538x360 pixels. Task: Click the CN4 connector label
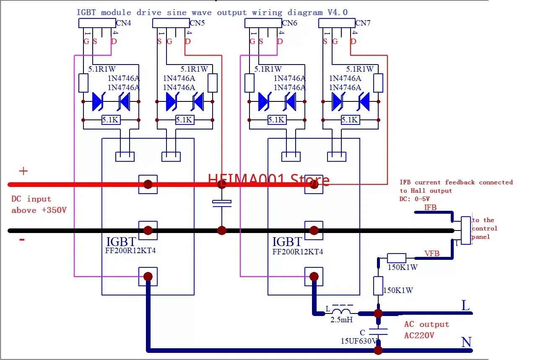coord(123,23)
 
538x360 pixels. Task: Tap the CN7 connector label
coord(363,23)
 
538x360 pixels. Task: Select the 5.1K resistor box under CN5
coord(185,119)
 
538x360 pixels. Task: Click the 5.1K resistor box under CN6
coord(277,119)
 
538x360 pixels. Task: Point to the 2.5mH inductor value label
coord(341,320)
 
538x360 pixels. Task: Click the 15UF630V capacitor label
coord(359,341)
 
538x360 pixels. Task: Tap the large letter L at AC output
coord(465,305)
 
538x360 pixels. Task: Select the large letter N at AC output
coord(466,342)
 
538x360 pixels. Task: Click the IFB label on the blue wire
coord(430,207)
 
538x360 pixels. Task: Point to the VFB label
coord(432,253)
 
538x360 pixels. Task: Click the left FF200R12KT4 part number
coord(130,251)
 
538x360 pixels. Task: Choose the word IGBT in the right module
coord(287,242)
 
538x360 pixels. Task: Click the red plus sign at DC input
coord(23,171)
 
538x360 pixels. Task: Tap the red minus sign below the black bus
coord(22,239)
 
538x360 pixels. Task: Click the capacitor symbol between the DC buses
coord(222,203)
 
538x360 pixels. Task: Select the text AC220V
coord(419,335)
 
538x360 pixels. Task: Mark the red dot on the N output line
coord(378,350)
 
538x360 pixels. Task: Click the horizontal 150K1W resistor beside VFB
coord(397,258)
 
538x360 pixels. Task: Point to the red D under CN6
coord(280,41)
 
